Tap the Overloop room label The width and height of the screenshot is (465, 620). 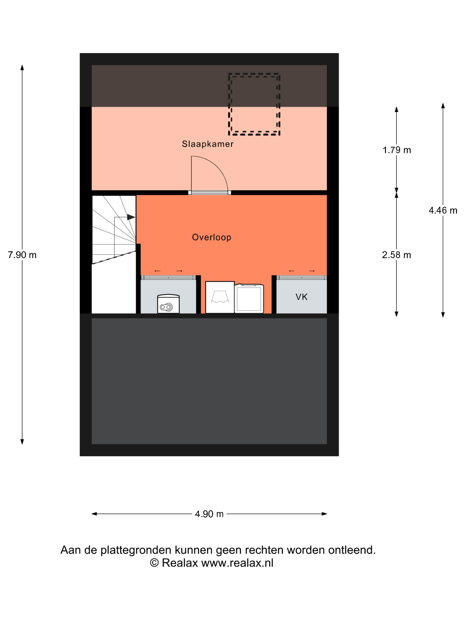pyautogui.click(x=212, y=237)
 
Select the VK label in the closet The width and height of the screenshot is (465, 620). pyautogui.click(x=301, y=297)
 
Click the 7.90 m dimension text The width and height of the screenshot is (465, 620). pyautogui.click(x=22, y=255)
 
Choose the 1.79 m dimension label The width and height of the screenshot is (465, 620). pyautogui.click(x=397, y=150)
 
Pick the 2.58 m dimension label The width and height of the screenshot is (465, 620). pyautogui.click(x=396, y=255)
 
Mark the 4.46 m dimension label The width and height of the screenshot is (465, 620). pyautogui.click(x=443, y=210)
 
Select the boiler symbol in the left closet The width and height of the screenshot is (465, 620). pyautogui.click(x=168, y=304)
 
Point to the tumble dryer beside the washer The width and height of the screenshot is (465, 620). pyautogui.click(x=249, y=298)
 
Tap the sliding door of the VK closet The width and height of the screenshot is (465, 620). pyautogui.click(x=302, y=277)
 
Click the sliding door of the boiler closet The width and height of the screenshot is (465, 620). pyautogui.click(x=168, y=277)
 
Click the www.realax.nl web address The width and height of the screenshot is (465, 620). pyautogui.click(x=237, y=563)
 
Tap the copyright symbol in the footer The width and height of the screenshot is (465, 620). pyautogui.click(x=154, y=563)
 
